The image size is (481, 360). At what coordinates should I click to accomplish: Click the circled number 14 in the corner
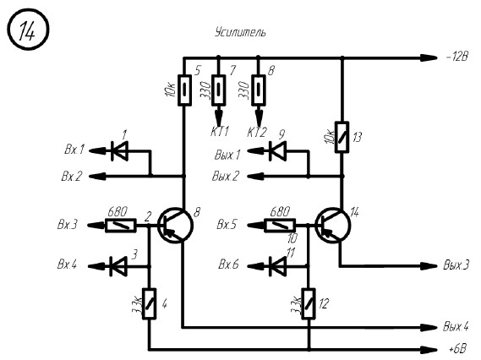point(28,30)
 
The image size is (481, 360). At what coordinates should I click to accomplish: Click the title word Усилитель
point(240,32)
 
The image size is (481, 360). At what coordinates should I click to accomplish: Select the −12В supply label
point(456,57)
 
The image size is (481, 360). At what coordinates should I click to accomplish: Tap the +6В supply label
point(457,349)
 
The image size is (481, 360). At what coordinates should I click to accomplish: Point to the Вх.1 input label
point(74,150)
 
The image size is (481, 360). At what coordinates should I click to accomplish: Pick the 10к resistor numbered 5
point(184,90)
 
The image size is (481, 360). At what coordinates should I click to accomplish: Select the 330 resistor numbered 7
point(219,90)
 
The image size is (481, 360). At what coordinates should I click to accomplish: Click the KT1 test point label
point(220,132)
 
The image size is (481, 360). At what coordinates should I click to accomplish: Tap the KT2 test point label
point(257,133)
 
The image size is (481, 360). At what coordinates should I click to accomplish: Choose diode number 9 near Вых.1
point(277,151)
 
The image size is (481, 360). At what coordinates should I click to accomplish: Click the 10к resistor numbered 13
point(342,137)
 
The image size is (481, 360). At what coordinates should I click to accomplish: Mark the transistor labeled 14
point(333,226)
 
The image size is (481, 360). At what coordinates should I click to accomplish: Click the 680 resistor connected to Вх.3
point(121,226)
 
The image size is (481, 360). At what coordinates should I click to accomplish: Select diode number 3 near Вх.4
point(118,266)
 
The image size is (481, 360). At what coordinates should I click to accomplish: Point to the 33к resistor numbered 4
point(150,304)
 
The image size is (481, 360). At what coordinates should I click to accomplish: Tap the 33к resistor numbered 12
point(309,304)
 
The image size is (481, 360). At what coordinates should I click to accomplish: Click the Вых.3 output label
point(456,265)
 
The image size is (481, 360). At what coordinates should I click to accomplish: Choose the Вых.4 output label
point(456,326)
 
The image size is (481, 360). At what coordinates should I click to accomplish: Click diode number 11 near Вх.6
point(277,266)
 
